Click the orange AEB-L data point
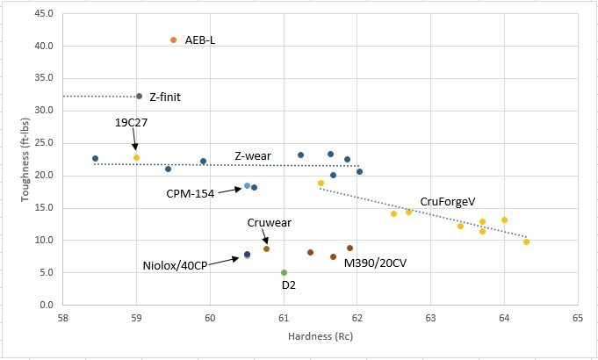click(x=173, y=40)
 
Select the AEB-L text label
click(x=200, y=40)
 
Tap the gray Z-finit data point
click(x=139, y=96)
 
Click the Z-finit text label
click(x=165, y=97)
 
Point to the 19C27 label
click(x=132, y=122)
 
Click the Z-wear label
click(x=252, y=156)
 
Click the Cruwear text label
click(x=269, y=223)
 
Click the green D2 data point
click(x=284, y=273)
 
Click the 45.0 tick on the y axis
click(x=43, y=14)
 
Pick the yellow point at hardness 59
click(x=136, y=157)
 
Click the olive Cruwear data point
click(x=266, y=248)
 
